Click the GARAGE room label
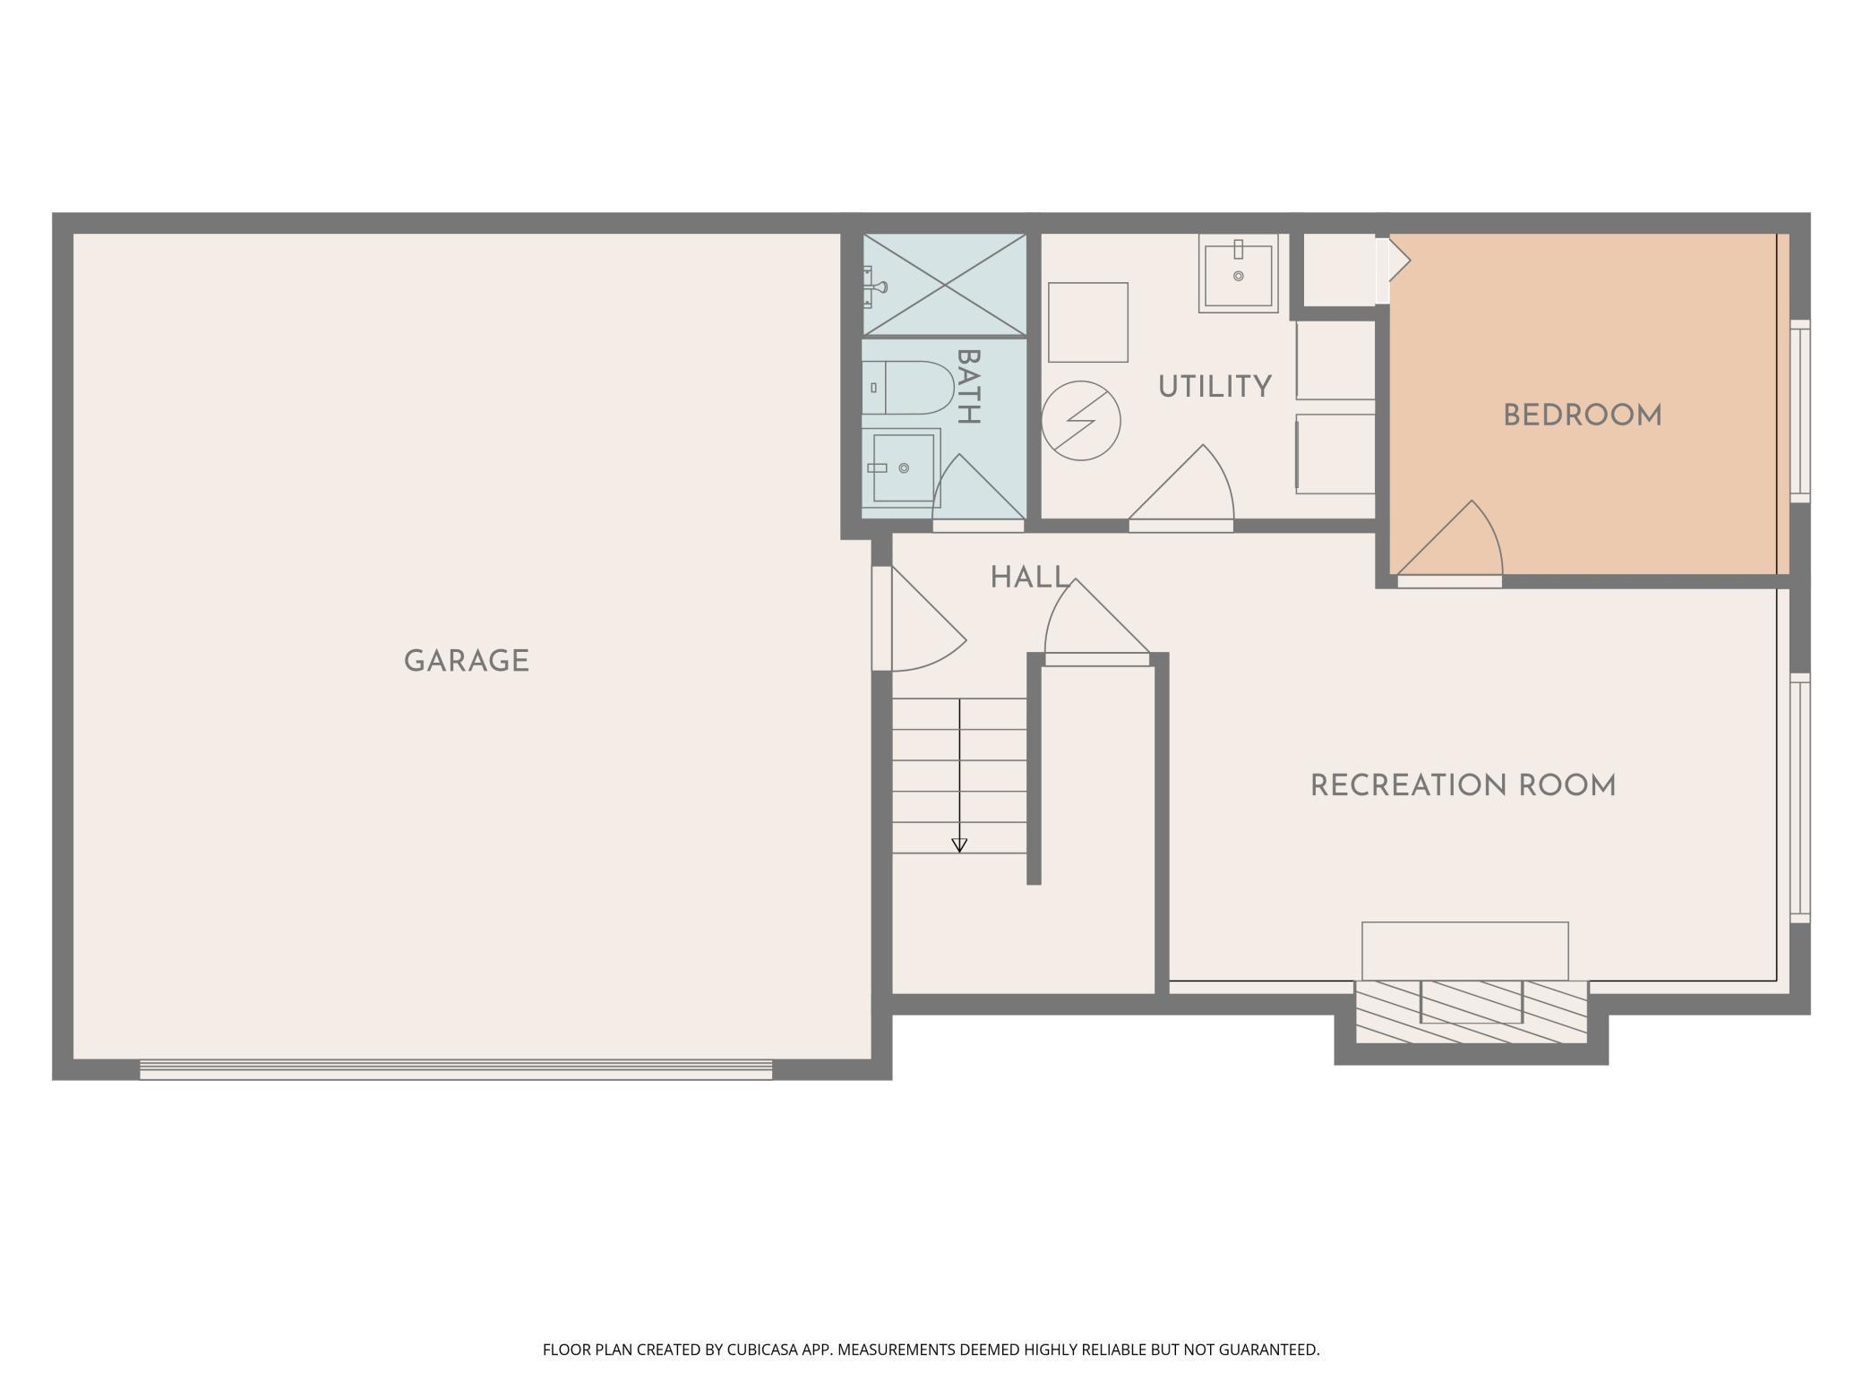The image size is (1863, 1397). (467, 661)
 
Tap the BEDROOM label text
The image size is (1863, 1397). (1583, 416)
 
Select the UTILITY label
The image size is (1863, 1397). (1215, 387)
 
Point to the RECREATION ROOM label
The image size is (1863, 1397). (1463, 785)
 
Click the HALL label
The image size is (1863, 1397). (1030, 578)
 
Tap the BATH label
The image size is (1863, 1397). (969, 386)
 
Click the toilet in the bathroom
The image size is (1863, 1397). (907, 388)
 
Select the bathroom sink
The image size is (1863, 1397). (901, 467)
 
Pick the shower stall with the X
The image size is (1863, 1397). (944, 285)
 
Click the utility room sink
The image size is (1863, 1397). (1239, 273)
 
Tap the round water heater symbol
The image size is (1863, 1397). (1081, 421)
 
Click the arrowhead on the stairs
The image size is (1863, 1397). (959, 844)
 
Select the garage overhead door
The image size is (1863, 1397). (456, 1069)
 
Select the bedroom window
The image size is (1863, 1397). (1799, 411)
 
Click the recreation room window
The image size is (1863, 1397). (1799, 798)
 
